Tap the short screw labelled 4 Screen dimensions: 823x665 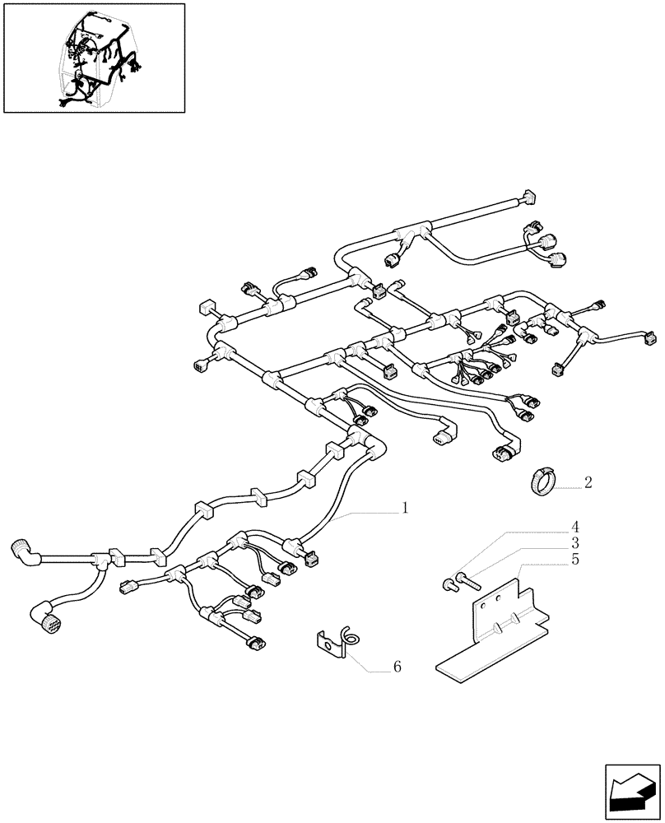click(x=449, y=585)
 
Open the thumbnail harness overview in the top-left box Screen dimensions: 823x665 click(x=94, y=58)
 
